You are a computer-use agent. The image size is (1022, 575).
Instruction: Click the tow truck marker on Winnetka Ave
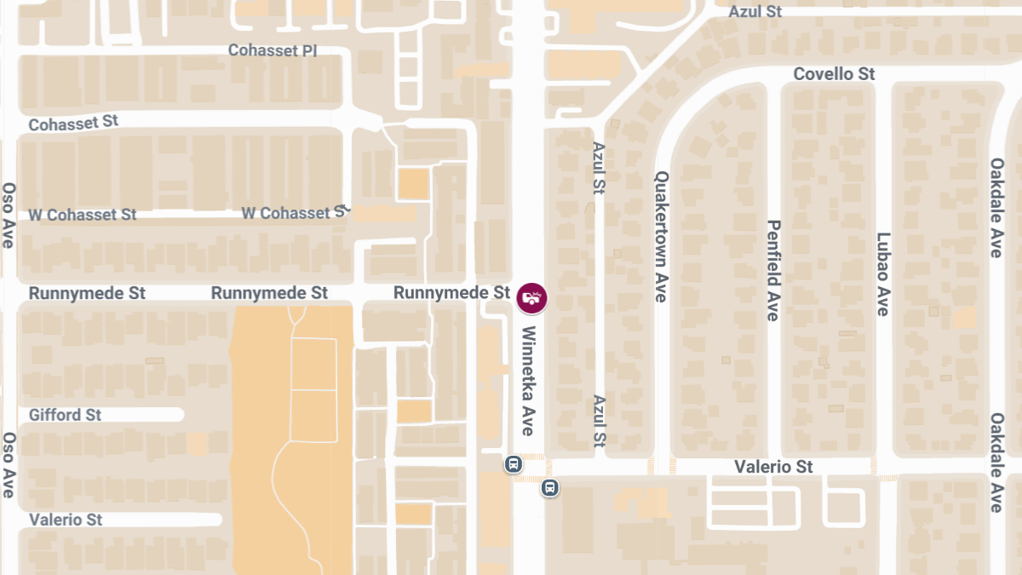point(532,297)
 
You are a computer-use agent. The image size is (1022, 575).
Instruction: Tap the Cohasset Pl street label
point(273,51)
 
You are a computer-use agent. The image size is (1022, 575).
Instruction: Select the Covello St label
point(834,74)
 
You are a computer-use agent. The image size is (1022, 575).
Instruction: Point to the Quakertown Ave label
point(661,237)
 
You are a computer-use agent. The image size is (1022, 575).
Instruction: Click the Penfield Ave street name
point(773,270)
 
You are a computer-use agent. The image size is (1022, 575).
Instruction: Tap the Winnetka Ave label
point(529,381)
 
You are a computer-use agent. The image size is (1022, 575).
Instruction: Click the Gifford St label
point(65,415)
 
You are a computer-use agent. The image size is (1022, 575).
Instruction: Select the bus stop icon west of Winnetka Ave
point(513,463)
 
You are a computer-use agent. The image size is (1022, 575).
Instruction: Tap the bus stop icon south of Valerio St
point(550,487)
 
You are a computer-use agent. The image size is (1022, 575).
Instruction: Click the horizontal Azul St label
point(755,12)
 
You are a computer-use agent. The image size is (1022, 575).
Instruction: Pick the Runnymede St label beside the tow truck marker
point(451,293)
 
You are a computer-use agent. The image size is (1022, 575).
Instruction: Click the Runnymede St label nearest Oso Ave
point(87,293)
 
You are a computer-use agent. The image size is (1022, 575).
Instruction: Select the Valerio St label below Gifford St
point(65,520)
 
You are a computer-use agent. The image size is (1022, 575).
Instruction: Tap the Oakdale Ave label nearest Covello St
point(996,207)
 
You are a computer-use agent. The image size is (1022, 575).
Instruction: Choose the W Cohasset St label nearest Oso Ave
point(83,215)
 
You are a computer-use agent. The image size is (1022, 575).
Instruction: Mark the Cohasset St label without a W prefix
point(73,123)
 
